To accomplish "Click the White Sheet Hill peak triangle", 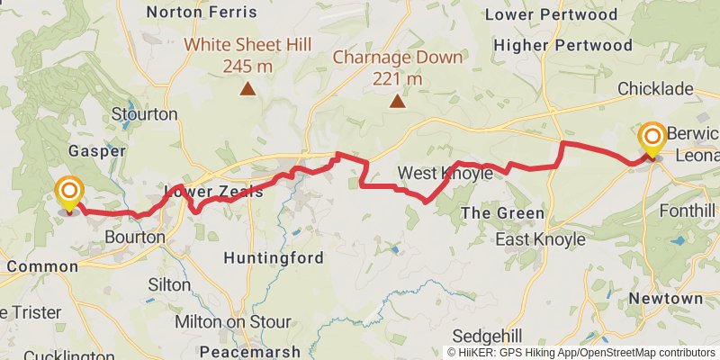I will [x=246, y=88].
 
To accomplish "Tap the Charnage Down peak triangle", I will [x=397, y=102].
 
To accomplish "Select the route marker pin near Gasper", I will [x=68, y=193].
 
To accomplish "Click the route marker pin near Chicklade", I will [x=652, y=139].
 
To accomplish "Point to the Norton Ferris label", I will [x=201, y=13].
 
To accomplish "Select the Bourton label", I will [x=135, y=238].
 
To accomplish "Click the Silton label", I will [x=168, y=284].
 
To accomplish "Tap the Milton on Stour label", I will [x=232, y=321].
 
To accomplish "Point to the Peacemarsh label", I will [x=247, y=350].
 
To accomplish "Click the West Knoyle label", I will [x=445, y=174].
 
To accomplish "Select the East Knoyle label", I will [x=541, y=239].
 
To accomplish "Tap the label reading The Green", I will [x=502, y=213].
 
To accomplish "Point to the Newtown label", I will [x=665, y=298].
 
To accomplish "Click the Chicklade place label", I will [x=655, y=88].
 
